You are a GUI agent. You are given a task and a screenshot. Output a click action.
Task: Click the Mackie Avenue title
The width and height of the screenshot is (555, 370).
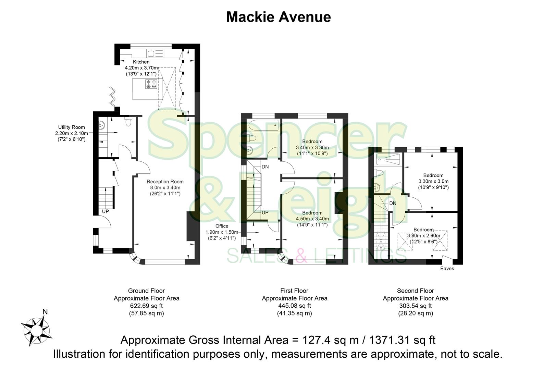coord(278,17)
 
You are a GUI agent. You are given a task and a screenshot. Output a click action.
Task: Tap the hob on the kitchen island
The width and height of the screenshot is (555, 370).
coord(151,84)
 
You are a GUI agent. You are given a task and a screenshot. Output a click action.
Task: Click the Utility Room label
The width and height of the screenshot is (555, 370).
coord(71,127)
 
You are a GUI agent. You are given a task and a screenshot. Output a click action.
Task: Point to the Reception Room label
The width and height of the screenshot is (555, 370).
coord(165,182)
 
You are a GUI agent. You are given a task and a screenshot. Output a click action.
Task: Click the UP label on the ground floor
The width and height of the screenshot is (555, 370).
coord(106,211)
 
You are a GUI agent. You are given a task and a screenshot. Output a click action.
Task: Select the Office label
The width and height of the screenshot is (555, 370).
coord(222,226)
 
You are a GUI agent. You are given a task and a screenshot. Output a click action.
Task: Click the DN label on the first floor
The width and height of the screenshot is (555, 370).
coord(265,167)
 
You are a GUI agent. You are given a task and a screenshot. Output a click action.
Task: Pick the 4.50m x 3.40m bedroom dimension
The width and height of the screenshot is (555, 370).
coord(312,219)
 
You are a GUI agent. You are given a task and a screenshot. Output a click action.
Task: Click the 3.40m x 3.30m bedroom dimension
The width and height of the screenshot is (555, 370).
coord(312,148)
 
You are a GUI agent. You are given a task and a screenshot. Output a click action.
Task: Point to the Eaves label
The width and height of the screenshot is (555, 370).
coord(447,269)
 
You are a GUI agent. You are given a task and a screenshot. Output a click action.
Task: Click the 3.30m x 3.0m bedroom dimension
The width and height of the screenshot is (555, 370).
coord(433,181)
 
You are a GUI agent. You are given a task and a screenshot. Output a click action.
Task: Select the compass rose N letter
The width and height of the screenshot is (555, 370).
coord(45,312)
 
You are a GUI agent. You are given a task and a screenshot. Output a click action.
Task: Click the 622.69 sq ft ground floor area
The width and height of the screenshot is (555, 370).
coord(146,306)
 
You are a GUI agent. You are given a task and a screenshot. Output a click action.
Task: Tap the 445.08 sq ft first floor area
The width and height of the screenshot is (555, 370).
coord(294,306)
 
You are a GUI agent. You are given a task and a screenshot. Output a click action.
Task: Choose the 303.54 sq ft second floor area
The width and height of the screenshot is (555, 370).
coord(415,306)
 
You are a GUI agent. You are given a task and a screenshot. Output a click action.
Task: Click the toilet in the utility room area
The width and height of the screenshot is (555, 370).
coord(129,122)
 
